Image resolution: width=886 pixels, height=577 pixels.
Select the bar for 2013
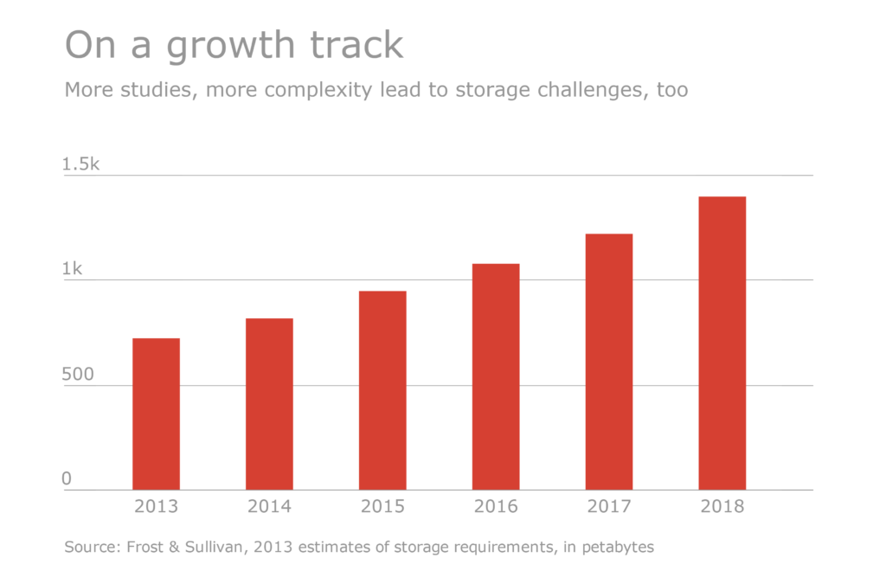click(x=156, y=414)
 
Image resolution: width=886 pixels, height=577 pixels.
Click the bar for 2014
click(x=269, y=404)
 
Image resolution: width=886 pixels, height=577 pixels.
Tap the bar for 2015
click(x=382, y=390)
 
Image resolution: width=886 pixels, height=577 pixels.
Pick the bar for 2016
click(x=496, y=376)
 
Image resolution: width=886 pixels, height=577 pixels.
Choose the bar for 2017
click(x=609, y=362)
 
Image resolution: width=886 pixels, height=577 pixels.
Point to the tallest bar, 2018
click(x=722, y=343)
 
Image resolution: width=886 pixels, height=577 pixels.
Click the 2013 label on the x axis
click(x=156, y=507)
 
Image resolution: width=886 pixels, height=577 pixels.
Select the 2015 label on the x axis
click(x=382, y=507)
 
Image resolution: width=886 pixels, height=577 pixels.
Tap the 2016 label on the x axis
click(x=496, y=507)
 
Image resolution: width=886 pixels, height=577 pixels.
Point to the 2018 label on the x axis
click(x=722, y=507)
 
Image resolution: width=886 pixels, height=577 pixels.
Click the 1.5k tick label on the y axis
click(x=81, y=163)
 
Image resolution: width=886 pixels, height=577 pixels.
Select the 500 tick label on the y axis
click(x=79, y=375)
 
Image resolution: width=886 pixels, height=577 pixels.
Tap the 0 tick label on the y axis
click(x=67, y=479)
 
